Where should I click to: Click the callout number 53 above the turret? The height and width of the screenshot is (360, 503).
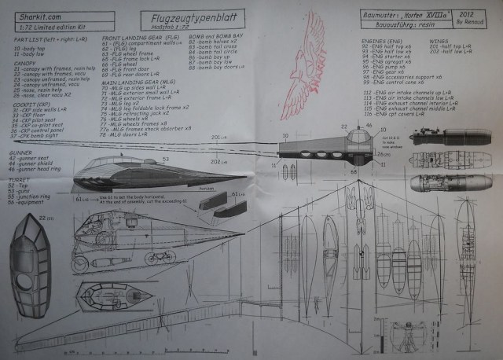166,158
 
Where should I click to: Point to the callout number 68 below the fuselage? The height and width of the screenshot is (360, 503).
354,170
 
